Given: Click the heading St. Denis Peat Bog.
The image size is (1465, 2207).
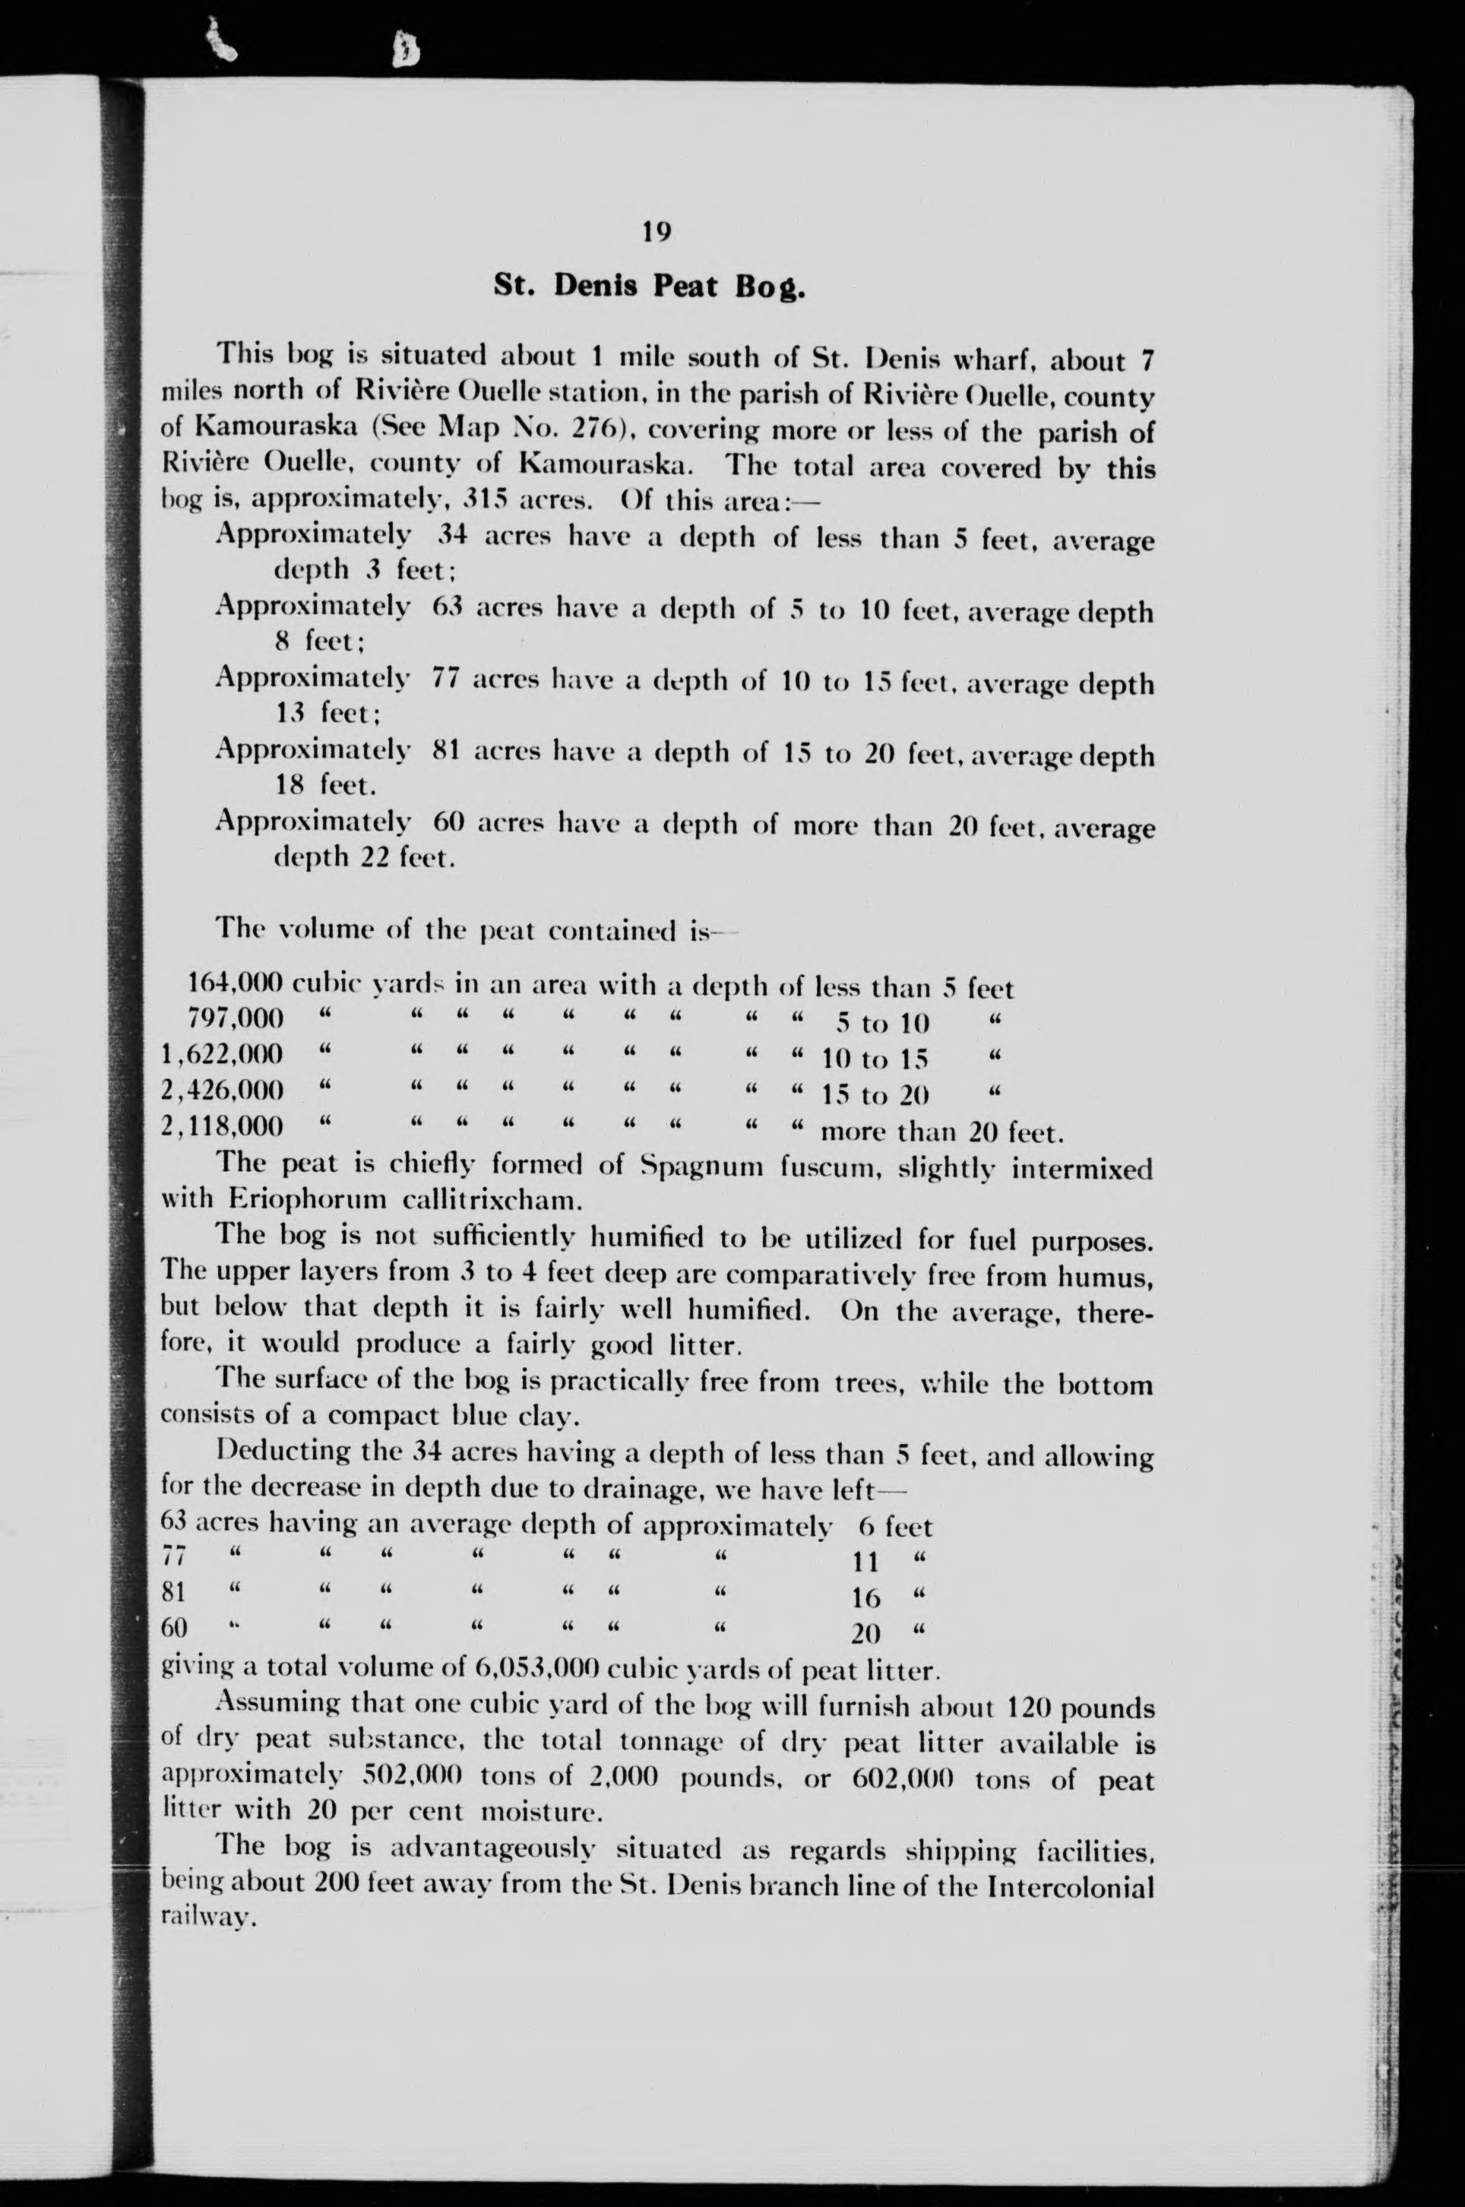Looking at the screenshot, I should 650,285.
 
